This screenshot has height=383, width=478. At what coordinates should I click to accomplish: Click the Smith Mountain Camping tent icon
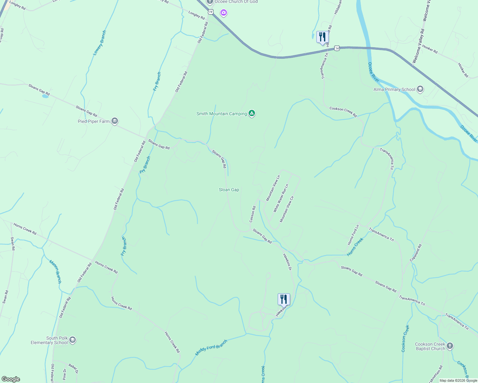point(252,113)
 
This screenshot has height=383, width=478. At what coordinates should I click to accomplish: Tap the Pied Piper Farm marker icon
point(115,121)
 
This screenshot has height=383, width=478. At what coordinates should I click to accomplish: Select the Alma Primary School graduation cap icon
point(420,89)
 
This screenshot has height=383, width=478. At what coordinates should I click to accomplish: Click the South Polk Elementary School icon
point(73,340)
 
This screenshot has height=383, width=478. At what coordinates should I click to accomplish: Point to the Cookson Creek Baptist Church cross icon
point(450,346)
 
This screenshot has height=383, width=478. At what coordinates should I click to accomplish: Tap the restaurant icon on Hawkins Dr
point(284,299)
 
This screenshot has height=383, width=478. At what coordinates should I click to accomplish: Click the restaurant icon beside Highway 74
point(322,37)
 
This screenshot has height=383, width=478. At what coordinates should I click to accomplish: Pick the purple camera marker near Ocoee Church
point(224,13)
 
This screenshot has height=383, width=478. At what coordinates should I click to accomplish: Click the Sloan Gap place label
point(229,190)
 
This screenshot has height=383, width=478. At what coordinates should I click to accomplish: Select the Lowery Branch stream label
point(99,43)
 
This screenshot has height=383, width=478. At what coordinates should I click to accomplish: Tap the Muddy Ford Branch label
point(211,348)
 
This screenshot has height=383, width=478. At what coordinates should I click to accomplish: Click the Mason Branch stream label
point(55,271)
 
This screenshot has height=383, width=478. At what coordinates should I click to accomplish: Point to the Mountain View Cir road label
point(287,209)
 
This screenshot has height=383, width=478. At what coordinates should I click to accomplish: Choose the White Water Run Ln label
point(281,198)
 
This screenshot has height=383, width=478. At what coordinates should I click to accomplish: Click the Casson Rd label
point(252,214)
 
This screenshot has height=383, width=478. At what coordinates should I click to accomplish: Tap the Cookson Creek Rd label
point(343,112)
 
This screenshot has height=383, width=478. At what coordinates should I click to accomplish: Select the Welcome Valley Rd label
point(418,46)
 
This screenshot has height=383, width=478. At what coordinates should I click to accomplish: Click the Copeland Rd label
point(416,253)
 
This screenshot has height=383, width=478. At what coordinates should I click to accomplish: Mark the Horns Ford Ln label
point(353,235)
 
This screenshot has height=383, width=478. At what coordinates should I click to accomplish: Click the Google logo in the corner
point(11,379)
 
